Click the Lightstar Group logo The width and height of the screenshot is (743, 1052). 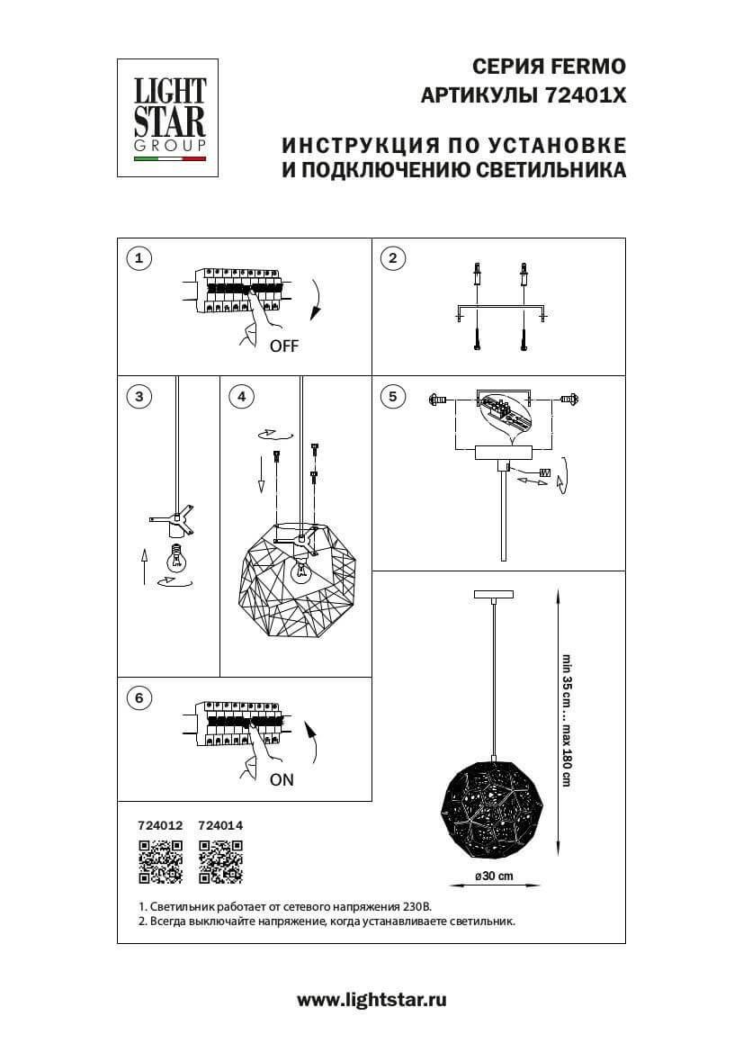coord(170,118)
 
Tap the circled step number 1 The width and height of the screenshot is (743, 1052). coord(138,259)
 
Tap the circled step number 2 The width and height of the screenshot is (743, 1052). coord(391,259)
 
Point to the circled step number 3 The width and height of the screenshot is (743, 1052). coord(138,396)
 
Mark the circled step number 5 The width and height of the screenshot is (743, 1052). coord(391,396)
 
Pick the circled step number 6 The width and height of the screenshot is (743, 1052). coord(138,697)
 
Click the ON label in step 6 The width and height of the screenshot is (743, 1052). coord(282,780)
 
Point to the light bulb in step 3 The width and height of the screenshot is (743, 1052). coord(176,559)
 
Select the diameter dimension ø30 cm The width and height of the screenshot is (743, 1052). coord(494,877)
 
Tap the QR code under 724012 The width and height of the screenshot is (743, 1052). coord(160,860)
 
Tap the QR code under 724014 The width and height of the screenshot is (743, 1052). coord(220,860)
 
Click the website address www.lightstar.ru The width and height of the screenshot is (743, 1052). coord(371,1000)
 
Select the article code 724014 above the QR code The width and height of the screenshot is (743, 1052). coord(220,824)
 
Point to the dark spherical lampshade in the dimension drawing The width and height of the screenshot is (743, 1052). coord(493,797)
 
